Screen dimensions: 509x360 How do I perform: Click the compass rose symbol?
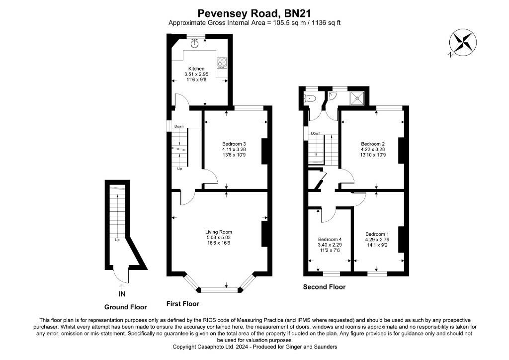463,43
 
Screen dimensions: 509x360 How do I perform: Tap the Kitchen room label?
196,69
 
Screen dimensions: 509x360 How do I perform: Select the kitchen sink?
195,43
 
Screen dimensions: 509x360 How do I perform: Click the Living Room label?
219,232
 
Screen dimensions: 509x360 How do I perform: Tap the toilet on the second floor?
310,98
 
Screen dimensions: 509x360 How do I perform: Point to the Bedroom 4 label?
330,240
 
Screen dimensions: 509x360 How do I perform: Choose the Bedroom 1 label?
377,234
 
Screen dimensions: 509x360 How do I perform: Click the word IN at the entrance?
122,294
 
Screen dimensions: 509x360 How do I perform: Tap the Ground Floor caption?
125,307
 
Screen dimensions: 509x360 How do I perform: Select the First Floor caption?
183,304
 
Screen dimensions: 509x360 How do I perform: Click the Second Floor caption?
324,287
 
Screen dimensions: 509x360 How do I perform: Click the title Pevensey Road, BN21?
254,13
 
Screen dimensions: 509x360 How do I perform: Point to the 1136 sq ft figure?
326,23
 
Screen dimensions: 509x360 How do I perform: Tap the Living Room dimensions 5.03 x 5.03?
219,237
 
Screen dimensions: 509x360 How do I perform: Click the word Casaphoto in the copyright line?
211,347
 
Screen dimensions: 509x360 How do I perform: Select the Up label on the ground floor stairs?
117,240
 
